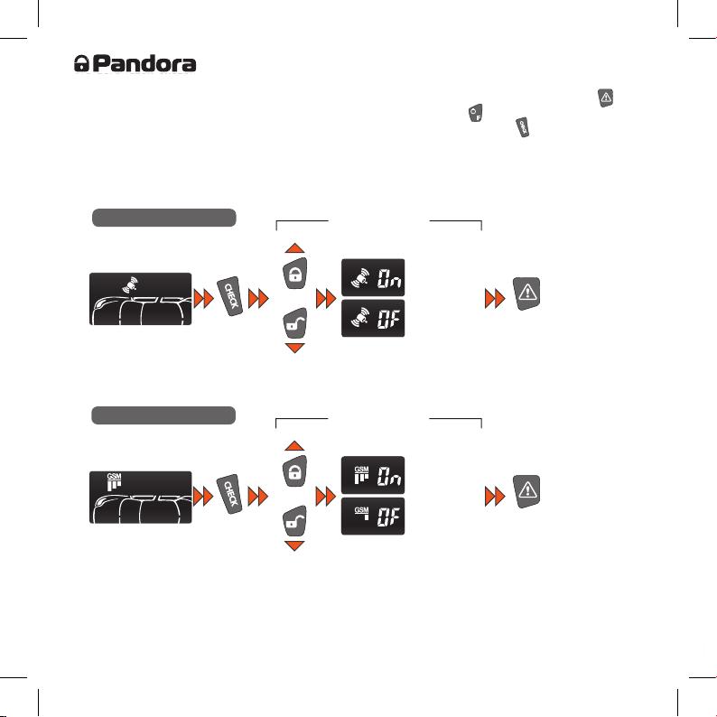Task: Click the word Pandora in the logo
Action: (x=144, y=63)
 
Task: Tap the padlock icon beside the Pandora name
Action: (x=81, y=63)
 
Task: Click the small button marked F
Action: (x=476, y=113)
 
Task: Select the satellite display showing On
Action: (x=373, y=277)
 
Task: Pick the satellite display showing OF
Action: (x=373, y=318)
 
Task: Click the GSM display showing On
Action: (x=373, y=475)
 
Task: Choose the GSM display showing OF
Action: (x=373, y=516)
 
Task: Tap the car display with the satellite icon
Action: (x=140, y=299)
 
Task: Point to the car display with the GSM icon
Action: (x=140, y=497)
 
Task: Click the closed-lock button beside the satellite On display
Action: (x=295, y=274)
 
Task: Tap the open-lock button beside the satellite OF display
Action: (x=295, y=323)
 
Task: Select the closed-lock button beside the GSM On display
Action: (x=295, y=471)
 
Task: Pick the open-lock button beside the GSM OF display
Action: (x=295, y=521)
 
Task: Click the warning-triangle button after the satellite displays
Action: (x=526, y=293)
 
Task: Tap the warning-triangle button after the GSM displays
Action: (x=526, y=491)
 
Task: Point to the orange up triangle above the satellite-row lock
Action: (x=294, y=248)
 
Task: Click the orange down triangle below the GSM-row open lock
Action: (x=294, y=545)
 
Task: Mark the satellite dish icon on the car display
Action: (x=130, y=284)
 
